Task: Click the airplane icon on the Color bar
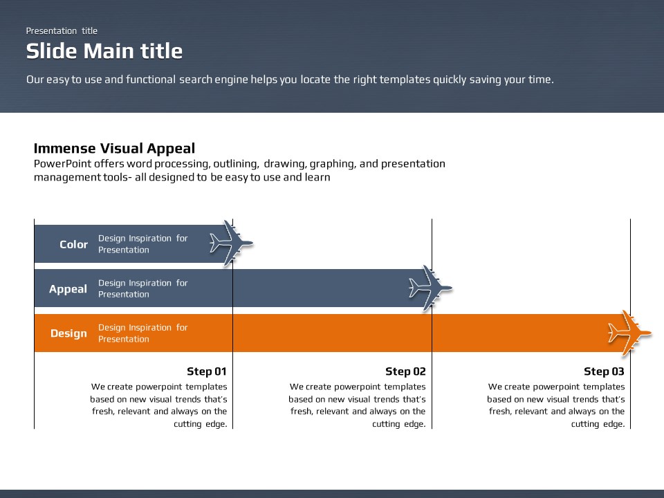point(231,243)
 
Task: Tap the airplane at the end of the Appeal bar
point(430,288)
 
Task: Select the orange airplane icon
point(629,333)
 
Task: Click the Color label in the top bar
point(74,244)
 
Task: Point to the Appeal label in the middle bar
point(68,290)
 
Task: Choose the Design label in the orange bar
point(68,333)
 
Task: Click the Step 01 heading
point(207,371)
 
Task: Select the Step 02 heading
point(405,371)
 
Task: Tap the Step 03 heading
point(604,371)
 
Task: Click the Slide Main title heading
point(104,51)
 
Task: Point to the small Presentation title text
point(62,31)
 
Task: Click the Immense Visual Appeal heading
point(114,148)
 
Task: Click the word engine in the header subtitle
point(232,80)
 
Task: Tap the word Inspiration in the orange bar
point(150,328)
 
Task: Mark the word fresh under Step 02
point(301,412)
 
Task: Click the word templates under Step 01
point(206,387)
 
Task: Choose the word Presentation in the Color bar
point(124,250)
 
